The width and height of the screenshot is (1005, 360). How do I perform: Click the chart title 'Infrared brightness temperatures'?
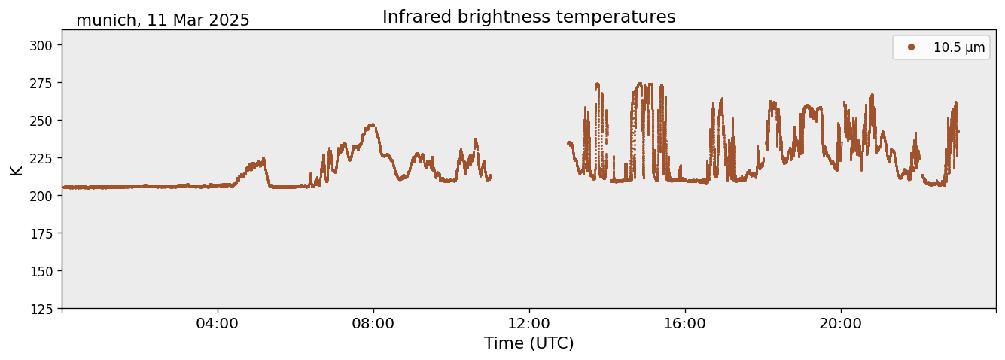[x=529, y=17]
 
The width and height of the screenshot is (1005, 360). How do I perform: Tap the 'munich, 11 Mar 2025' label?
[x=163, y=20]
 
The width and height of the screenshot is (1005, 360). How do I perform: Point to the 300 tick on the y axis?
[x=41, y=45]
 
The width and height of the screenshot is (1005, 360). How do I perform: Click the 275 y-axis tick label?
[x=41, y=83]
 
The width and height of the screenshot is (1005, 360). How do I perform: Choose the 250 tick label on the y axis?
[x=41, y=121]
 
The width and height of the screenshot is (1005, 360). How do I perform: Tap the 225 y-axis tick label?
[x=41, y=158]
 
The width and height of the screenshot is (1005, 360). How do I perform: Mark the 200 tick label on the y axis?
[x=41, y=196]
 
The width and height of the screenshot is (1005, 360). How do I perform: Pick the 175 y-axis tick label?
[x=41, y=234]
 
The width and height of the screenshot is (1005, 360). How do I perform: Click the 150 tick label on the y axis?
[x=41, y=272]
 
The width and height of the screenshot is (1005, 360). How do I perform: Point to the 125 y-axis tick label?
[x=41, y=310]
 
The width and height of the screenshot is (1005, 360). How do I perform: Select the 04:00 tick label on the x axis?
[x=218, y=324]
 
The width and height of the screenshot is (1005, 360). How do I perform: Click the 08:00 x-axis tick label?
[x=373, y=324]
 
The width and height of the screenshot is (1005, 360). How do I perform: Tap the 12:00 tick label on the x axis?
[x=529, y=324]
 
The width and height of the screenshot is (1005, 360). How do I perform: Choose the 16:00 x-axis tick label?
[x=685, y=324]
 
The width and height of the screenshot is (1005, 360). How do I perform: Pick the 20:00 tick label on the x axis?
[x=841, y=324]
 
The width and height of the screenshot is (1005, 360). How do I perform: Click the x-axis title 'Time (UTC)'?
[x=529, y=343]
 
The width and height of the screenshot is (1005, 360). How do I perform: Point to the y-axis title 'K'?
[x=17, y=170]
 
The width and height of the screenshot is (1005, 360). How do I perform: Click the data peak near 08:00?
[x=371, y=124]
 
